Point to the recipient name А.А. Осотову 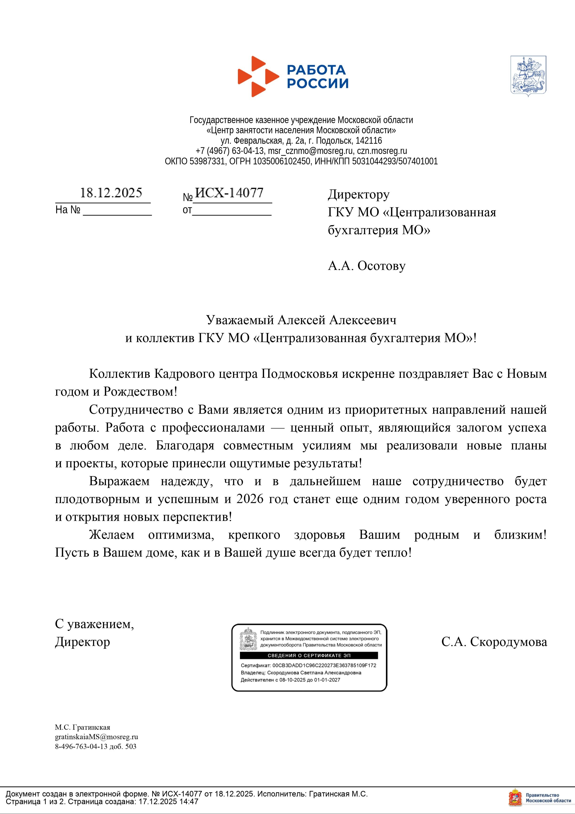pos(367,266)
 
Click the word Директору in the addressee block pos(358,194)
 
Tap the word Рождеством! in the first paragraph pos(140,392)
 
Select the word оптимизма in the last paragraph pos(181,535)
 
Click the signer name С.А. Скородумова pos(494,642)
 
